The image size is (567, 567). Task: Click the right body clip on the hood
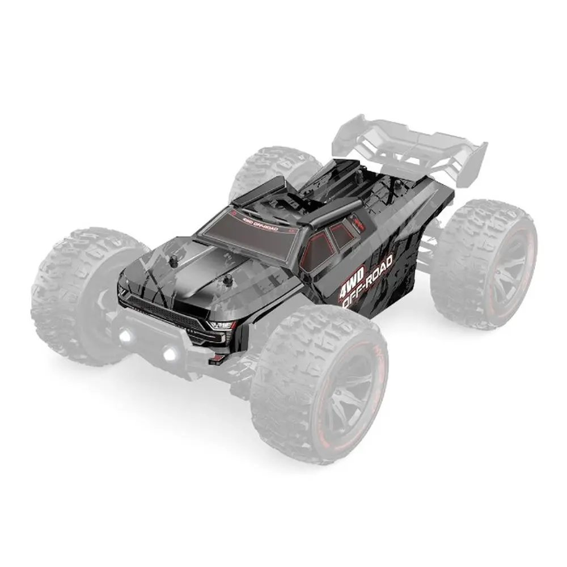[x=228, y=281]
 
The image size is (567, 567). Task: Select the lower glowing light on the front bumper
[x=168, y=355]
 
